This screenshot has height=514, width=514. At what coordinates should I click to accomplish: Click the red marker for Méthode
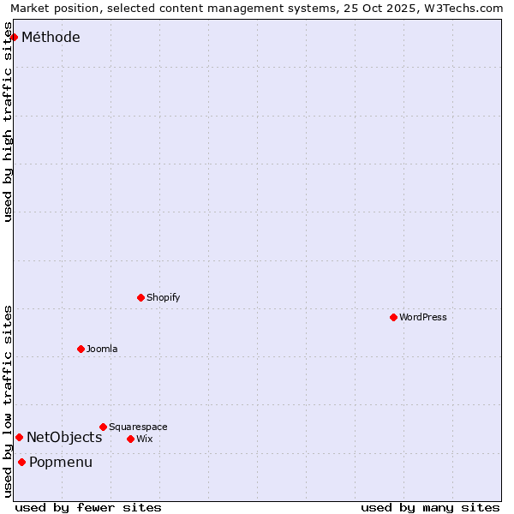[14, 37]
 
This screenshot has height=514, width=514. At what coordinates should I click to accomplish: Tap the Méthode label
[51, 37]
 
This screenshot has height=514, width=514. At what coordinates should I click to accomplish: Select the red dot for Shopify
[140, 297]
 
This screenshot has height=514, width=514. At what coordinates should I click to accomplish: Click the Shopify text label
[163, 297]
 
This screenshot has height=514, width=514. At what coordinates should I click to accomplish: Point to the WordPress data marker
[393, 317]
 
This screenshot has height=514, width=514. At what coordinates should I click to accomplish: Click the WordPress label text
[422, 317]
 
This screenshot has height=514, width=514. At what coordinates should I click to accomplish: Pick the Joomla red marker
[81, 349]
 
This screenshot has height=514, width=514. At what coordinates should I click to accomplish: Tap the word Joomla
[102, 349]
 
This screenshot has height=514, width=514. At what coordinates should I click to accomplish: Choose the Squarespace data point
[103, 427]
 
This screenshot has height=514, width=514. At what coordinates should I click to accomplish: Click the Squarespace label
[138, 427]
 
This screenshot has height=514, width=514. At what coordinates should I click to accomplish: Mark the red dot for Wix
[130, 439]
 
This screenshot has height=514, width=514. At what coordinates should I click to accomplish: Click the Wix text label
[144, 439]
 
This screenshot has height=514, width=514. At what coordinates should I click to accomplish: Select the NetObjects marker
[19, 437]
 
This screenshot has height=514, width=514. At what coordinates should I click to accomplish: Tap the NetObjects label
[64, 437]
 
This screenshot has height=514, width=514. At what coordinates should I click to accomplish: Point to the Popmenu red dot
[21, 462]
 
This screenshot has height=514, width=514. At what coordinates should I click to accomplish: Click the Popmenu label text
[61, 462]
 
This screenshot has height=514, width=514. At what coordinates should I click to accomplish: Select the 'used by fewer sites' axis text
[88, 507]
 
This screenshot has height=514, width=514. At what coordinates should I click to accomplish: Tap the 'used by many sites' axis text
[430, 507]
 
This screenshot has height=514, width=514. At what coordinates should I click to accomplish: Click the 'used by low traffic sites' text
[9, 401]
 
